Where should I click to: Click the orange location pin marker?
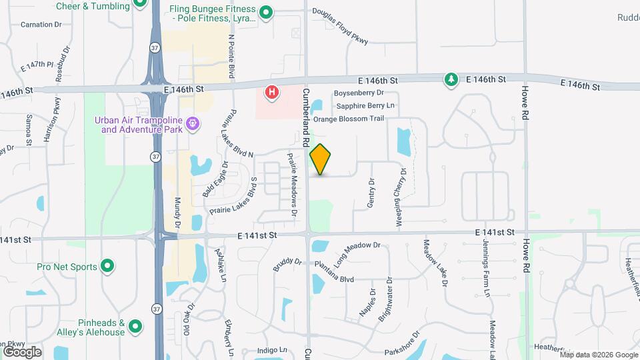(321, 159)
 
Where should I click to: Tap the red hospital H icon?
(272, 92)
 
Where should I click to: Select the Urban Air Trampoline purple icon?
(193, 123)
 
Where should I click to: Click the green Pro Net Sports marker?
(107, 267)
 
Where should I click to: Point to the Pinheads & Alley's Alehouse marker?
(135, 327)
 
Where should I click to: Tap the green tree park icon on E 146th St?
(451, 80)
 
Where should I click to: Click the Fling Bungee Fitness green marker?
(266, 13)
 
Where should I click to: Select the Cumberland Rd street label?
(305, 117)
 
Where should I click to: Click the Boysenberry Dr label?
(359, 93)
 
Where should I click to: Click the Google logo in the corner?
(22, 351)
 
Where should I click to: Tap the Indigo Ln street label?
(273, 350)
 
